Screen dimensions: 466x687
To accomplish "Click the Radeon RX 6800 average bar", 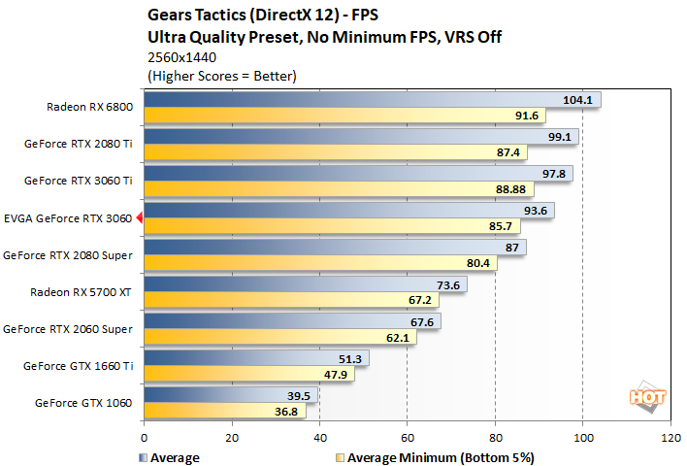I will pyautogui.click(x=372, y=99).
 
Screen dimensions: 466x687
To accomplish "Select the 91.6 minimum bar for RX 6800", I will pyautogui.click(x=344, y=116).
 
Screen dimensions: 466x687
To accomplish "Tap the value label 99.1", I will pyautogui.click(x=560, y=137).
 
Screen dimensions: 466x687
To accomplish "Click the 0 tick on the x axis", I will pyautogui.click(x=144, y=438).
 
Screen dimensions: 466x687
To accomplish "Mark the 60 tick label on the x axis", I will pyautogui.click(x=407, y=438).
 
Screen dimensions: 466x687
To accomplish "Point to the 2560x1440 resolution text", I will pyautogui.click(x=176, y=57).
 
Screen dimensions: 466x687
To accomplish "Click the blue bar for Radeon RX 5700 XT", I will pyautogui.click(x=305, y=284).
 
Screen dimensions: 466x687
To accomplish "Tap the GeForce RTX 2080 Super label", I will pyautogui.click(x=71, y=255).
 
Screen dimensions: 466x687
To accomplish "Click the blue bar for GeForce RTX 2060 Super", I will pyautogui.click(x=291, y=321).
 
